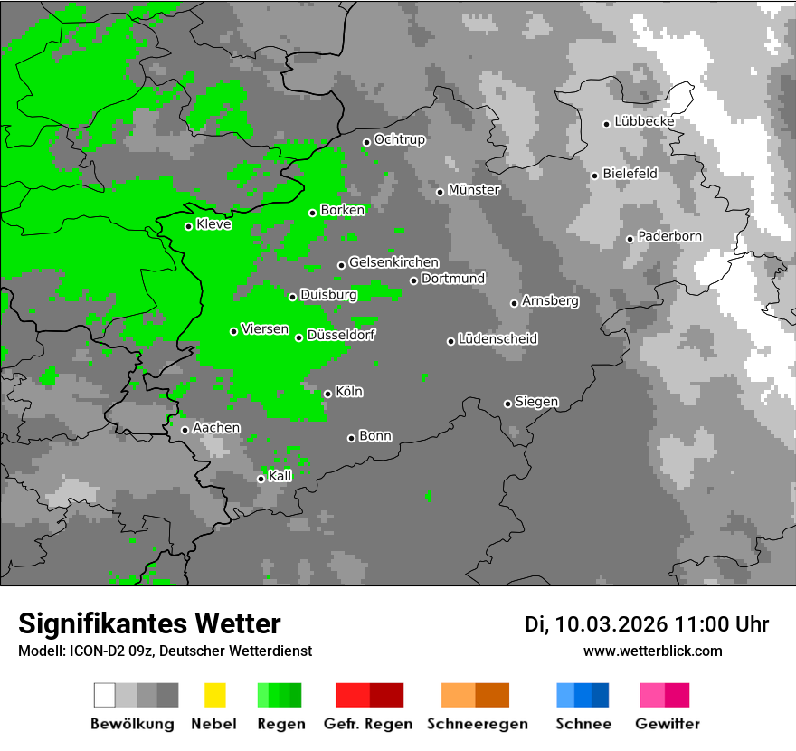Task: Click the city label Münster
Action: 474,190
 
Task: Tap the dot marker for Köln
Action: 327,394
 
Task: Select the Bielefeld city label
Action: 630,174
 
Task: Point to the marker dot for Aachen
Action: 185,430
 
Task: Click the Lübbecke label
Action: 644,121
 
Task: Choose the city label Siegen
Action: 536,402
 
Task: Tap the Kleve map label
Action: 213,224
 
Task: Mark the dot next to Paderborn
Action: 630,239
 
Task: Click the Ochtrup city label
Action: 400,140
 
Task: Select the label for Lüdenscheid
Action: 497,339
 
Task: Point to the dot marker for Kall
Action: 261,479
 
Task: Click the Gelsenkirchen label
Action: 393,262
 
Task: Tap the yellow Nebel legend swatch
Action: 214,695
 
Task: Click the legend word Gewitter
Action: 668,724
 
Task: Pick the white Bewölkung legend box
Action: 105,695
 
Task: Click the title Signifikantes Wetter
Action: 149,623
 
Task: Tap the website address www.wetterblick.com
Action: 652,651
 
